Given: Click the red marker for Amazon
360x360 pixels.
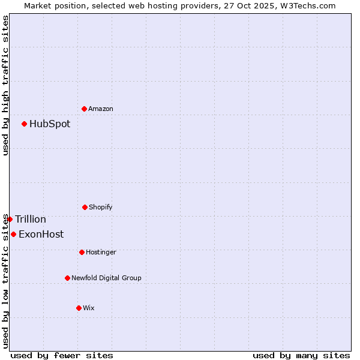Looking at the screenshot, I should (84, 109).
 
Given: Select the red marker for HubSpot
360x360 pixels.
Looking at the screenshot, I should (24, 124).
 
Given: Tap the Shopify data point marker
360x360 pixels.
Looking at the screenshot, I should (85, 207).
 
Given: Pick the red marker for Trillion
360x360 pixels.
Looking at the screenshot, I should (10, 219).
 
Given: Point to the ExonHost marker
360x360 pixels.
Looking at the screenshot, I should (13, 234).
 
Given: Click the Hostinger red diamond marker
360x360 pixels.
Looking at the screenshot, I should (82, 252).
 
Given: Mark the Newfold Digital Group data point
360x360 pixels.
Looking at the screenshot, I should (67, 278).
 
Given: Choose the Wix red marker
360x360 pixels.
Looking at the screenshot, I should (79, 308).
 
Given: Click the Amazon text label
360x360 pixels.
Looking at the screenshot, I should (101, 109).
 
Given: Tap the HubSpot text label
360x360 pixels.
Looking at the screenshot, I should (50, 124).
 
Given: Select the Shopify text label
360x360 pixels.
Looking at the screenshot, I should (101, 207).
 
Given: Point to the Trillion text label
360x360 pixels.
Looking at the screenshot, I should (31, 220).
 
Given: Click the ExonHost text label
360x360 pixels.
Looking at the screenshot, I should (41, 235).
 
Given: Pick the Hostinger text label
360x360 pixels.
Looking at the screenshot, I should (101, 252).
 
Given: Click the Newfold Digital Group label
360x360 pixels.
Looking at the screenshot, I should (106, 278).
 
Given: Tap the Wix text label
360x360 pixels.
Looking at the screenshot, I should (89, 308).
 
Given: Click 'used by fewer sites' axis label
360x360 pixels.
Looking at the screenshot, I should (62, 355).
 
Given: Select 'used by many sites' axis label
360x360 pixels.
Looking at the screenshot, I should (301, 355).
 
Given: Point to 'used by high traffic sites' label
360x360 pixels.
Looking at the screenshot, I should (5, 85).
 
